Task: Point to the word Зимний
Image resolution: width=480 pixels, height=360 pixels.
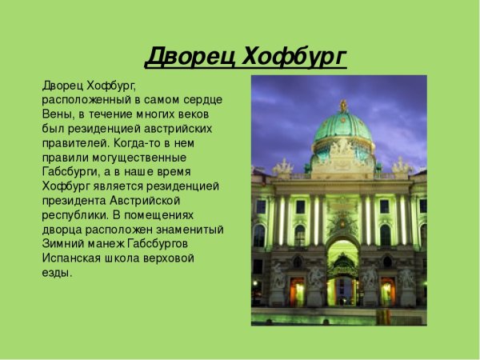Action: coord(62,243)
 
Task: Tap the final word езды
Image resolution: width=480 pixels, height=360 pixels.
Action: coord(56,272)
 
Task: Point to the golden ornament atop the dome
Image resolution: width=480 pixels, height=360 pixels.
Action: coord(343,105)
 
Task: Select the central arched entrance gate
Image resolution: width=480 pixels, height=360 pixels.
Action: coord(342,276)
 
